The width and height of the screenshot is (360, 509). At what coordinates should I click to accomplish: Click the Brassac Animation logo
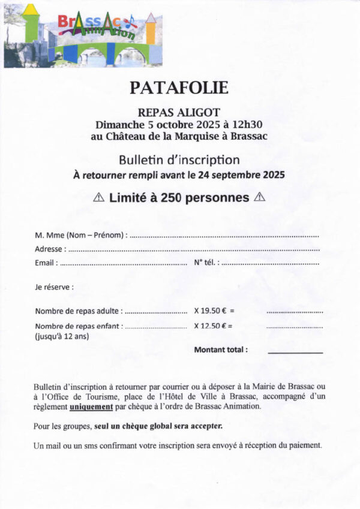point(83,35)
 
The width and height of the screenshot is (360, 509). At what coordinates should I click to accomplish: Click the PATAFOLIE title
point(179,88)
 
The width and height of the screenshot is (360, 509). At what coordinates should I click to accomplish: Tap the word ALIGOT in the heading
point(200,112)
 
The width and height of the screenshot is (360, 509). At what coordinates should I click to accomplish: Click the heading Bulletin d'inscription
point(179,160)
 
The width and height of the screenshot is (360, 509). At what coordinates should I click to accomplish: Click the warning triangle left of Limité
point(100,197)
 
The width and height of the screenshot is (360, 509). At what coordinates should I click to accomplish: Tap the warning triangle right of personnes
point(260,197)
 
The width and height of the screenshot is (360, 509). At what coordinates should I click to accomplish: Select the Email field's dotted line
point(124,263)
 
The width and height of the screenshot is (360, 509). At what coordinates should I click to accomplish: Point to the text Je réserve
point(54,287)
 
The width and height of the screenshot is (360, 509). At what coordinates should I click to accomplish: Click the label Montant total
point(221,350)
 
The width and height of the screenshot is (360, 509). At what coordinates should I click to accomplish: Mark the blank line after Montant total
point(295,353)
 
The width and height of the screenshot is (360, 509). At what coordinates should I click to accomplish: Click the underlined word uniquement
point(91,406)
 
